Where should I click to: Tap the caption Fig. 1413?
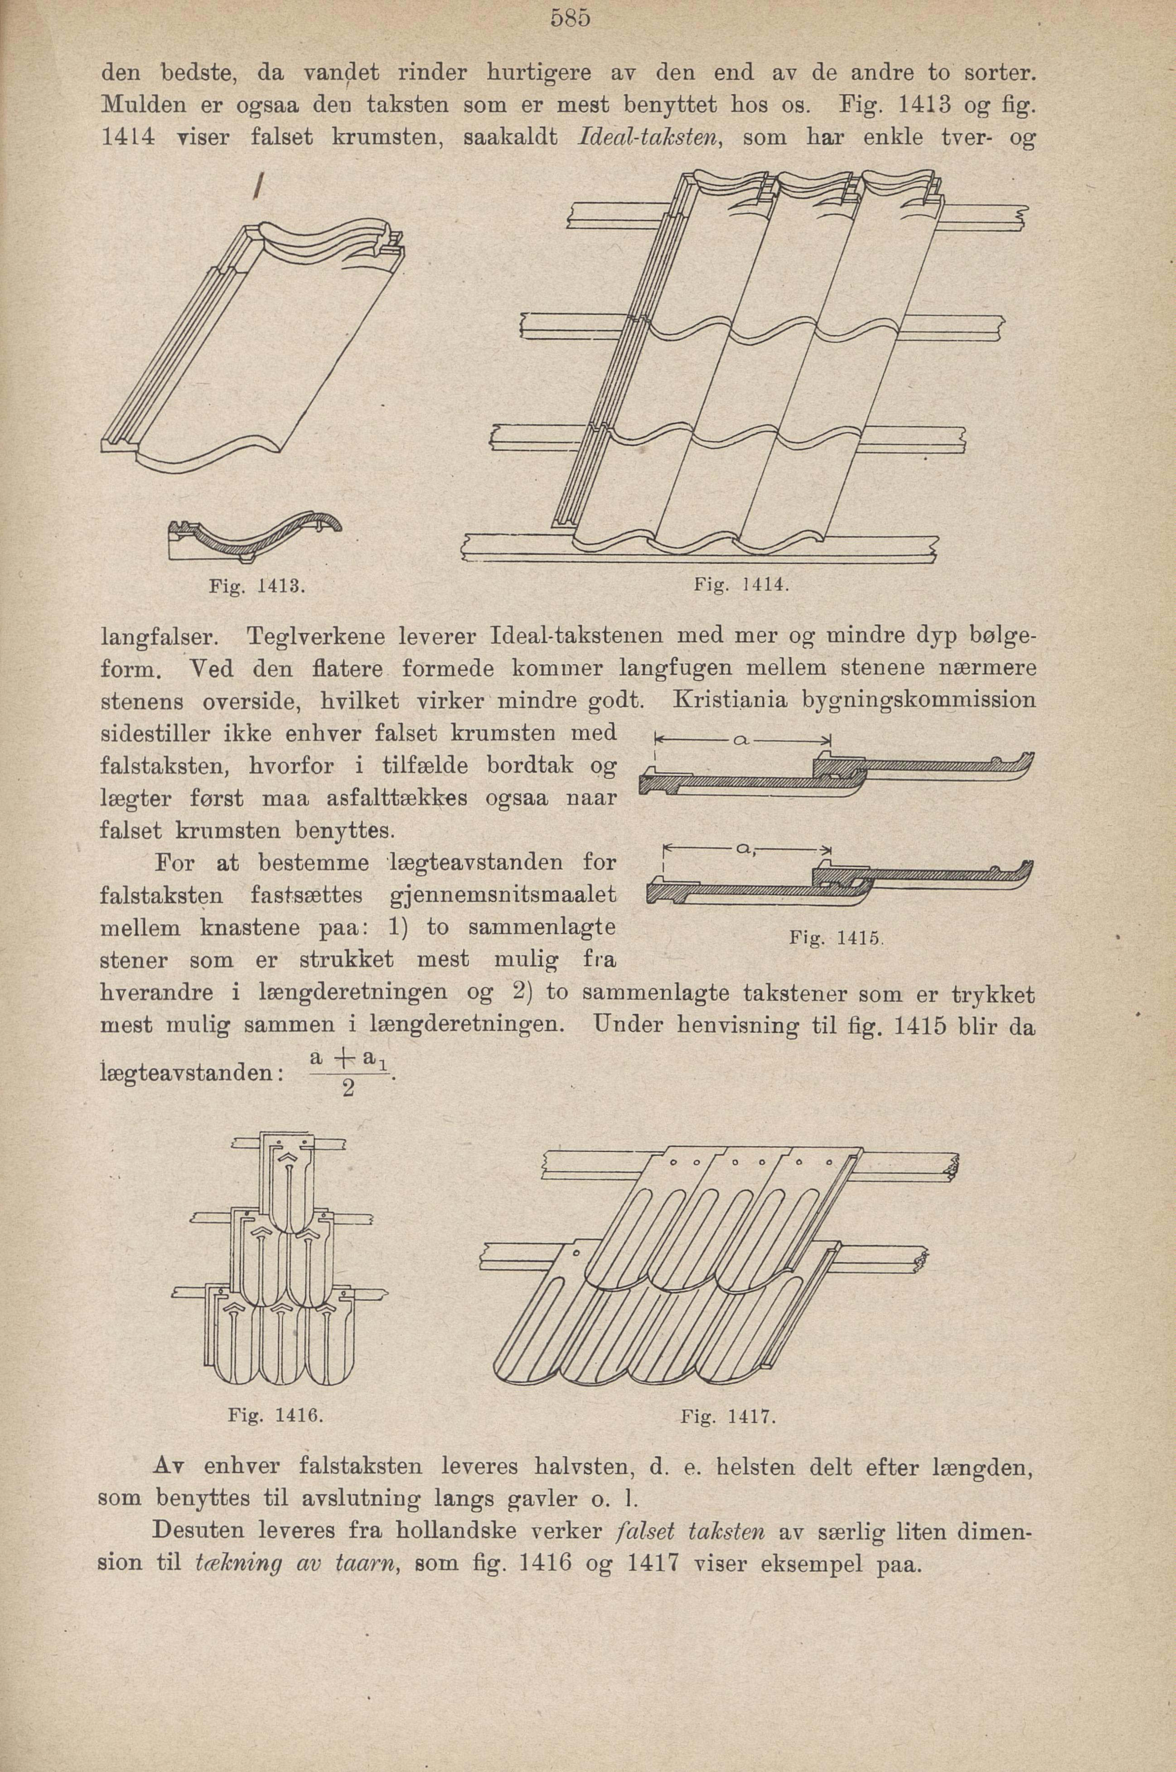[256, 586]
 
